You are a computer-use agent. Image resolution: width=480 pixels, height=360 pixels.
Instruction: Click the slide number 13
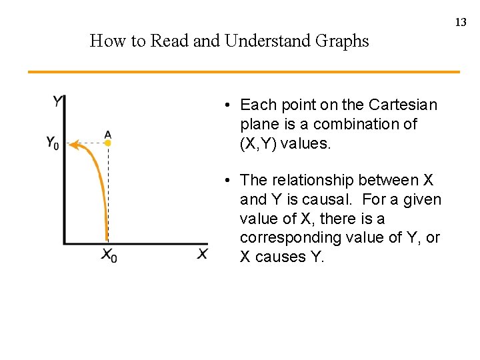click(461, 23)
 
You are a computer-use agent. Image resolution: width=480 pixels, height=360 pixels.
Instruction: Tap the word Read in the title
click(169, 41)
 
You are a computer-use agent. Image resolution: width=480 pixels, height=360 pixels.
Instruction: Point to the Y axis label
click(58, 101)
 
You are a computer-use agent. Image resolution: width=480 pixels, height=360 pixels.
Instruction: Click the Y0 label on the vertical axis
click(53, 143)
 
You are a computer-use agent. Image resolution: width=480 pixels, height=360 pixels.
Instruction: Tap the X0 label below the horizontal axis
click(109, 255)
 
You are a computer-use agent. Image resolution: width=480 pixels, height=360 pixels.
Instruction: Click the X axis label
click(202, 253)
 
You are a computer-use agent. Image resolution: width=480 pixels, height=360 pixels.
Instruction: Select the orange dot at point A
click(108, 143)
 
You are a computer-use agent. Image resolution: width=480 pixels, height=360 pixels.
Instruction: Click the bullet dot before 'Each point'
click(228, 105)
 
